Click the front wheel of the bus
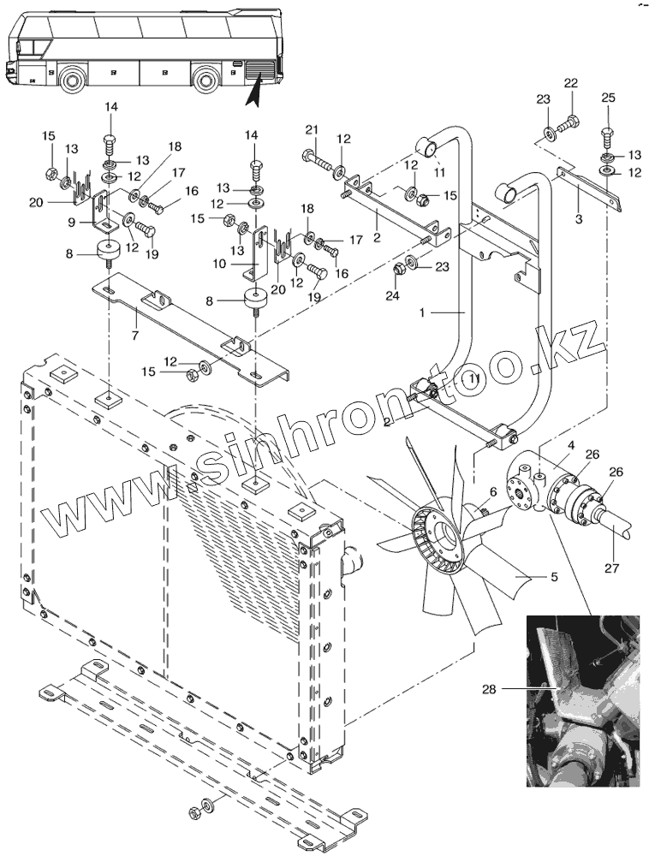pyautogui.click(x=70, y=81)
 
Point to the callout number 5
pyautogui.click(x=554, y=577)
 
